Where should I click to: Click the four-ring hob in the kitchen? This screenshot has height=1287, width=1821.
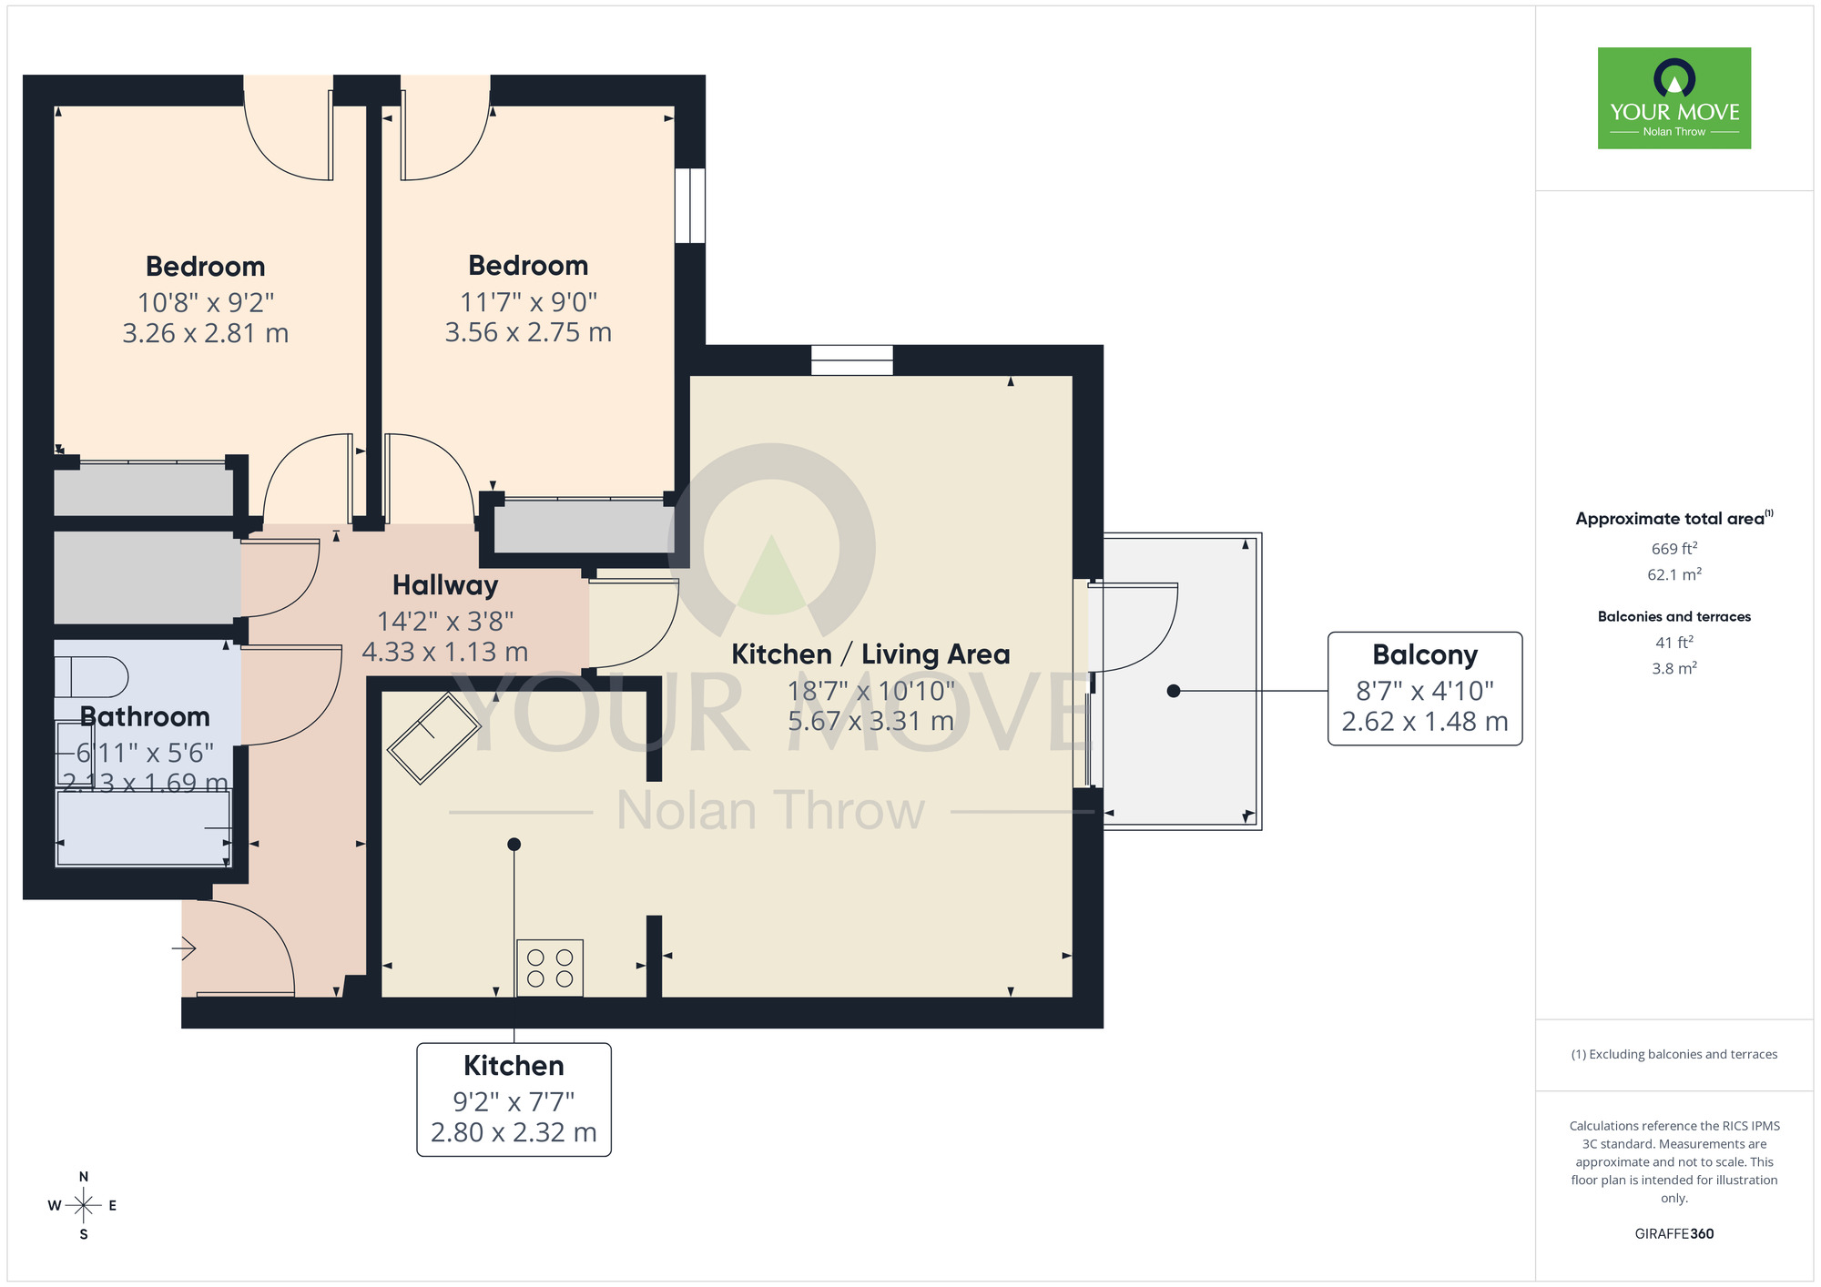550,968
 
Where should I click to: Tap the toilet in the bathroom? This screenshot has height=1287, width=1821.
92,677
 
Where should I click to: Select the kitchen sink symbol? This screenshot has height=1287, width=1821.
433,738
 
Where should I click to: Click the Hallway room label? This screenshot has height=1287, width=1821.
445,585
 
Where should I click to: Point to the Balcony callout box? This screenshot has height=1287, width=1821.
1424,688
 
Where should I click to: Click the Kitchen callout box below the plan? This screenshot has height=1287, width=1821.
514,1100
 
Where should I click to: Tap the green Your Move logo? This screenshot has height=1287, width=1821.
1673,98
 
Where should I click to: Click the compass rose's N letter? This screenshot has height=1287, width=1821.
84,1177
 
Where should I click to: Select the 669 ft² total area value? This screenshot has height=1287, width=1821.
1673,549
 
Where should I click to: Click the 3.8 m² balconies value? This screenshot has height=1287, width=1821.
1673,668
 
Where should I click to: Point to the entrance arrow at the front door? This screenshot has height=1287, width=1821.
184,948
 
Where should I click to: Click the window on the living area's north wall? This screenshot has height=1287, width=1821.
851,360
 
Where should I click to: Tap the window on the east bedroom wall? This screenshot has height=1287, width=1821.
690,205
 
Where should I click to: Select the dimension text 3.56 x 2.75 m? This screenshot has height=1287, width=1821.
528,332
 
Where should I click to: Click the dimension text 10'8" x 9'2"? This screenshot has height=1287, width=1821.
206,302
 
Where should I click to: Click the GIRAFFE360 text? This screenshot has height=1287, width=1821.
1673,1234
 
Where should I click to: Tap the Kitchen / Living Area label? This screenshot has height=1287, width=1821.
870,654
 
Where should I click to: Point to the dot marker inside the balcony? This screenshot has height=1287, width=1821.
1174,691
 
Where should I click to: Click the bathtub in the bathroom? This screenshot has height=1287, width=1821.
144,828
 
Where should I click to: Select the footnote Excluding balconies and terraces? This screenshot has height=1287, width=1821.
1673,1054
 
